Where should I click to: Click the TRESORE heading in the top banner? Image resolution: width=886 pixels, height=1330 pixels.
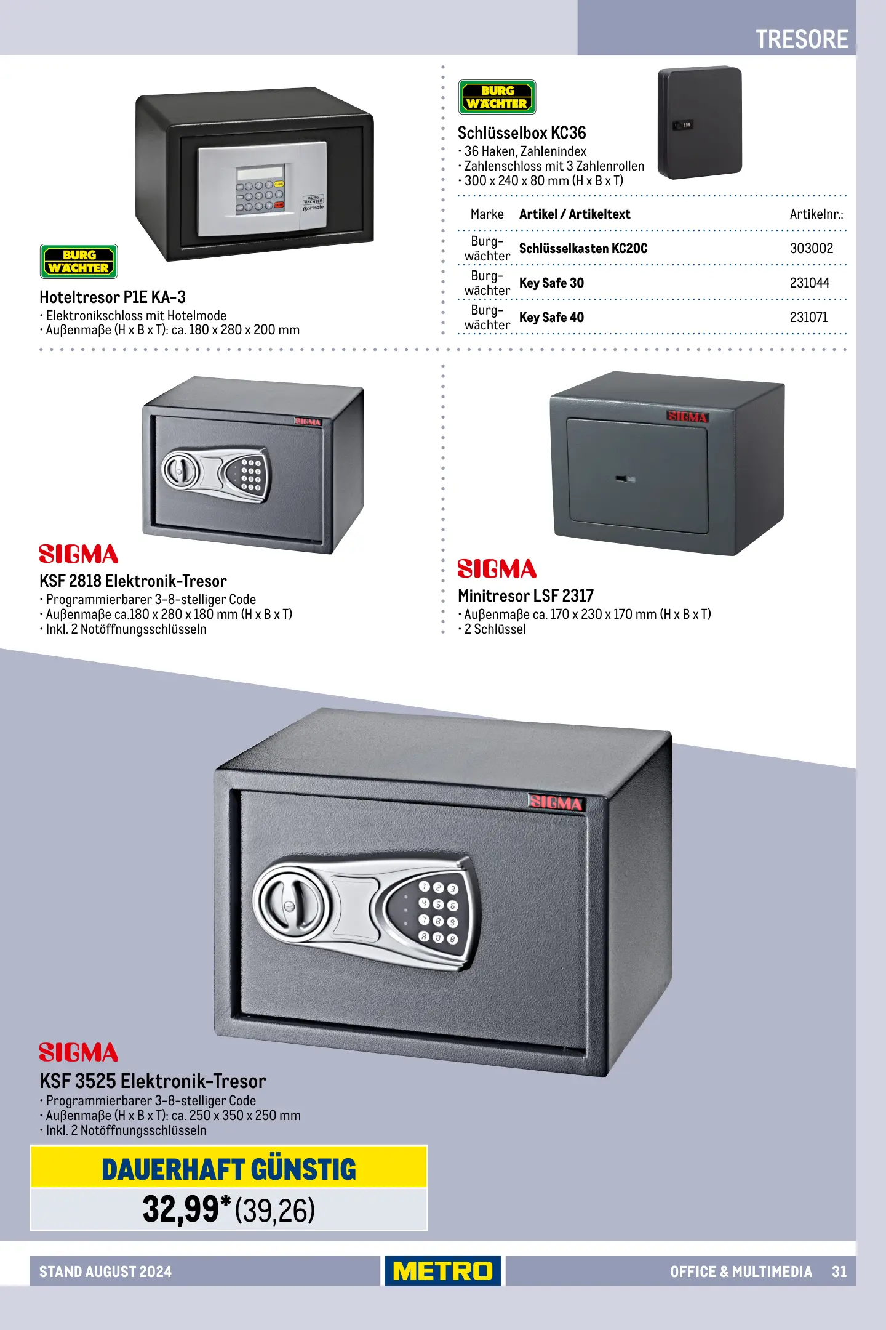pos(802,39)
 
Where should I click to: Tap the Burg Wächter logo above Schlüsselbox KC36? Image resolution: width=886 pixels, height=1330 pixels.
pos(497,97)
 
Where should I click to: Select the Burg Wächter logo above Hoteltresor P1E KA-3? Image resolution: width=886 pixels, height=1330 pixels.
pos(79,262)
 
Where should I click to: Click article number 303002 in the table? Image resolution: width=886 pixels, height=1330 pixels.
pos(811,248)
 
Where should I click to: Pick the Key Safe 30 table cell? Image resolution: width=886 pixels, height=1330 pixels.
pos(551,283)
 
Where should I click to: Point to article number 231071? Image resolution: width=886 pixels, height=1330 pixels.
pos(808,317)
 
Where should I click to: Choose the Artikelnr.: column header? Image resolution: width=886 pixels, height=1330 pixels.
pos(816,214)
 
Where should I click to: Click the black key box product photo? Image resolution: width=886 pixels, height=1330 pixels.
pos(700,123)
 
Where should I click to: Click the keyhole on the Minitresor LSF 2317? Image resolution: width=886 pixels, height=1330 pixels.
pos(625,478)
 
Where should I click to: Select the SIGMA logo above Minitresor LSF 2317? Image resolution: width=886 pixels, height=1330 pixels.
pos(497,569)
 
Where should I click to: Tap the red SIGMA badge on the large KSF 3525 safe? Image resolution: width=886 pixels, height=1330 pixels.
pos(556,802)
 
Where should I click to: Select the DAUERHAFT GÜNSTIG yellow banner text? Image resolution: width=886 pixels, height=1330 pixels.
pos(229,1170)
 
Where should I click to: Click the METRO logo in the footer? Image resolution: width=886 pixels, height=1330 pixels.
pos(443,1271)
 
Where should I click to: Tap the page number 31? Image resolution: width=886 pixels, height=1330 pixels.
pos(839,1272)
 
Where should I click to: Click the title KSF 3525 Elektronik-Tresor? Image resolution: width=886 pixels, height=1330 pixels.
pos(153,1081)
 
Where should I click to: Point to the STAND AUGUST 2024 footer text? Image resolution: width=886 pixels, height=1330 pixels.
pos(105,1272)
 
